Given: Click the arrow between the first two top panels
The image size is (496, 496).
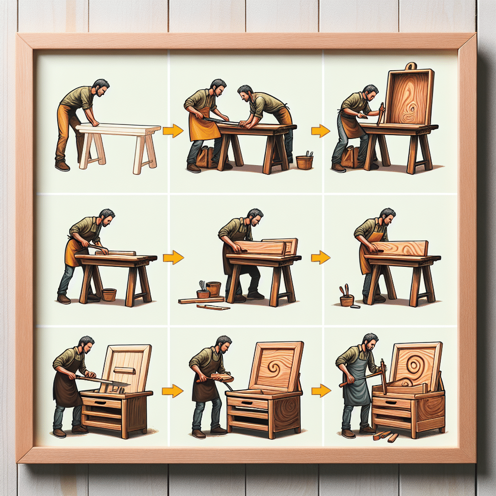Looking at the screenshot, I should [x=172, y=130].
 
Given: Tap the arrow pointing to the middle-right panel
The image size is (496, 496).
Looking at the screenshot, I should [x=320, y=257].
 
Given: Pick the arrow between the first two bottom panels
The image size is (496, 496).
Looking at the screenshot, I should [x=172, y=390].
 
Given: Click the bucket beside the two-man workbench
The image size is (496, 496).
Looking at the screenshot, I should [x=304, y=161].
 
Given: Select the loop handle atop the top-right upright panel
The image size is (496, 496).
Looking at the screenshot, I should [x=411, y=66].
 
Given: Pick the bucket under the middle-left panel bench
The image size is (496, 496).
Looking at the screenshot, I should [x=109, y=294].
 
